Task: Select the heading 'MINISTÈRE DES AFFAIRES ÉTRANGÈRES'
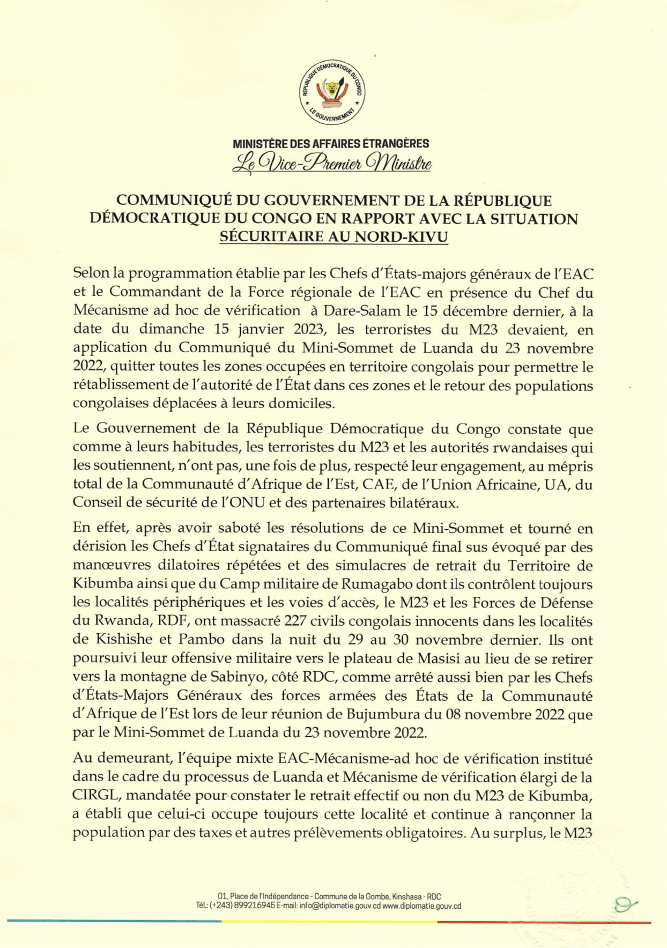pos(331,144)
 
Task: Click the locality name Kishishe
pos(121,640)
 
